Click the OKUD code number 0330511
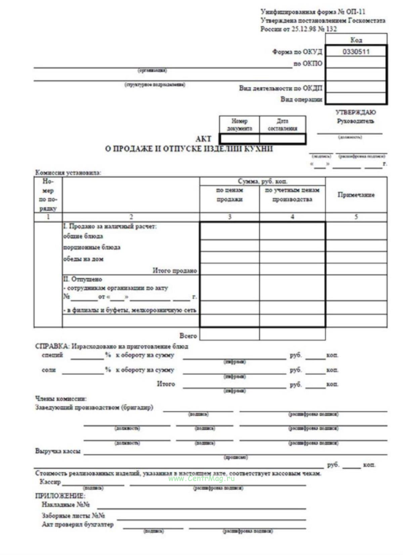[356, 52]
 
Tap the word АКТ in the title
[204, 139]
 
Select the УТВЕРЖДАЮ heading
[355, 113]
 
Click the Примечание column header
[356, 195]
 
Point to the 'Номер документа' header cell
[239, 125]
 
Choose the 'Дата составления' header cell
[282, 125]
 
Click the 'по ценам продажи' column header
[229, 195]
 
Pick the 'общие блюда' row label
[83, 237]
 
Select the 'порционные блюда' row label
[92, 248]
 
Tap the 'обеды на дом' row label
[83, 259]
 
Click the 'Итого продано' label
[175, 270]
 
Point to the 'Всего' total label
[188, 336]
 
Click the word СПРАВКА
[52, 346]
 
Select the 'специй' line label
[52, 355]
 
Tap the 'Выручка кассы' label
[58, 451]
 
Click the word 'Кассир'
[50, 482]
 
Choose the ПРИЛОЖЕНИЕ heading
[60, 496]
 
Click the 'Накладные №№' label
[65, 505]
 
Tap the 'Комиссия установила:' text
[68, 173]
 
